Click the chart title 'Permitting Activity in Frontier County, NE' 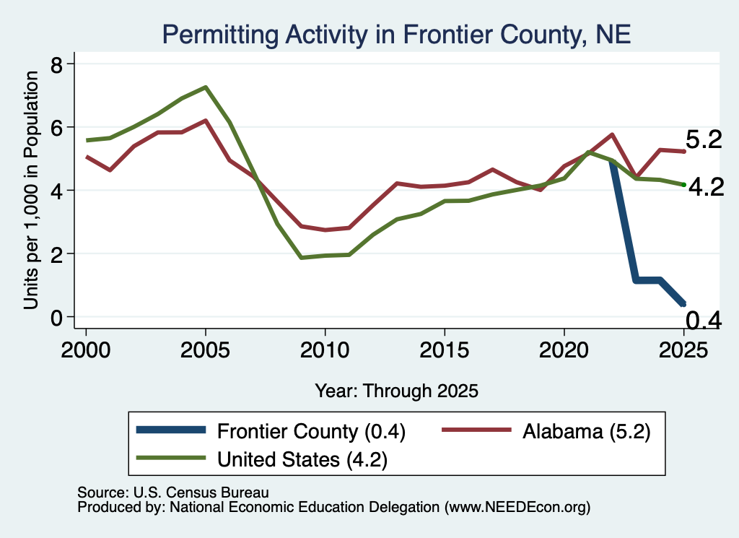click(396, 35)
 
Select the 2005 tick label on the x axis click(205, 350)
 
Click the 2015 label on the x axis click(444, 350)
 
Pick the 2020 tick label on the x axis click(564, 350)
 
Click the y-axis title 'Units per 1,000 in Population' click(31, 190)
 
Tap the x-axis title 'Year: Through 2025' click(396, 391)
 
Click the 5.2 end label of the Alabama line click(703, 140)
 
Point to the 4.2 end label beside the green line click(706, 188)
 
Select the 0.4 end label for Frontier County click(703, 320)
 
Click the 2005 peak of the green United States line click(206, 87)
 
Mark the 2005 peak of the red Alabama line click(206, 120)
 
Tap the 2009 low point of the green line click(301, 258)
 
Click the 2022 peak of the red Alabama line click(612, 134)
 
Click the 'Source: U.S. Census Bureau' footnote click(173, 493)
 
